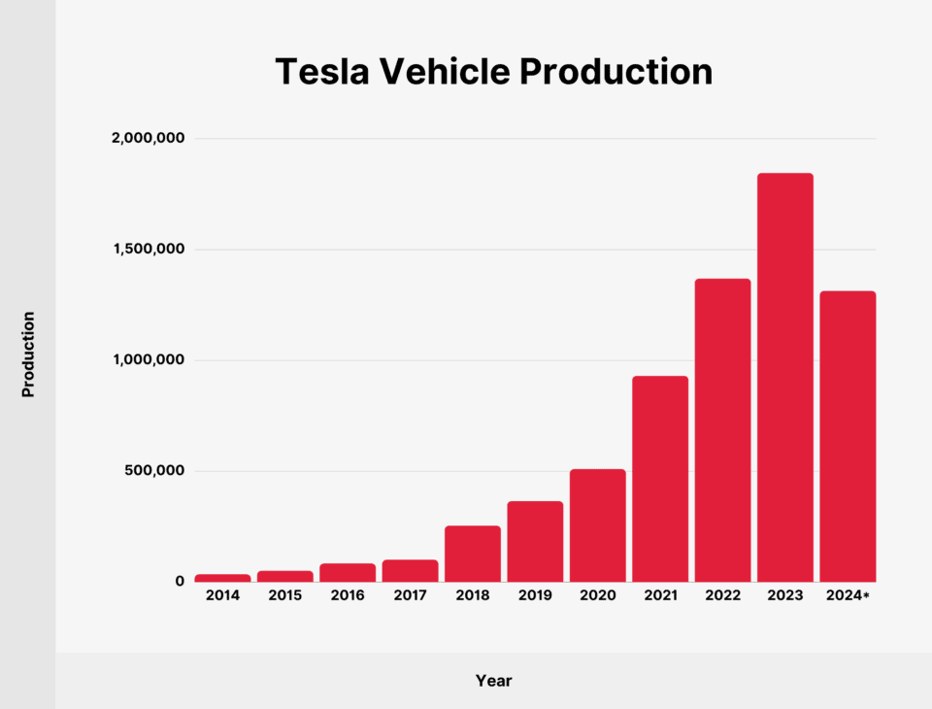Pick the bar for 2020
[597, 525]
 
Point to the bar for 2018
[473, 554]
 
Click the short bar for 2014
[222, 578]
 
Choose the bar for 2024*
[848, 436]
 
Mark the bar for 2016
[348, 572]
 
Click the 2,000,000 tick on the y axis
[148, 139]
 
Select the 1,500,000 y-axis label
[148, 250]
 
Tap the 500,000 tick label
[154, 471]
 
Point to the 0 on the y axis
[180, 581]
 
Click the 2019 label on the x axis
[535, 595]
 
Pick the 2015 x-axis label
[285, 595]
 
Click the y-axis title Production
[28, 354]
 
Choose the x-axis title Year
[493, 681]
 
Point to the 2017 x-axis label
[410, 595]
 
